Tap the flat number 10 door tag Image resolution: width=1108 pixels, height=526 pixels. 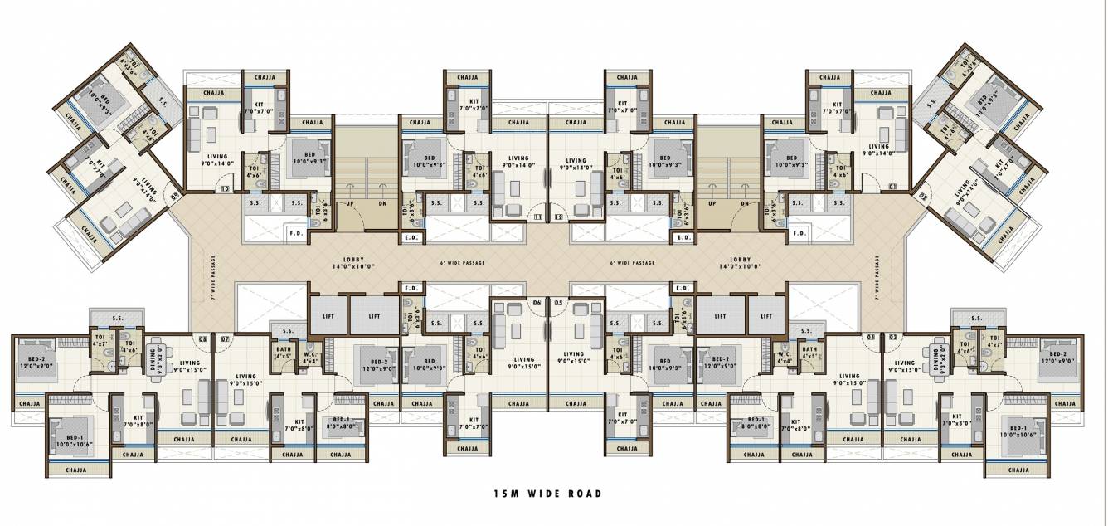coord(226,188)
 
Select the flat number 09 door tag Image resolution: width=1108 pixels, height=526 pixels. coord(174,197)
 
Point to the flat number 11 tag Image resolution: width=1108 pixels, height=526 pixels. coord(537,217)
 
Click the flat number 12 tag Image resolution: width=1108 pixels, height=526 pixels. coord(558,217)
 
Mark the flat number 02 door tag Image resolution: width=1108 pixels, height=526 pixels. coord(923,197)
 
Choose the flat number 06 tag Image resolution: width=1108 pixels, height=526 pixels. coord(537,303)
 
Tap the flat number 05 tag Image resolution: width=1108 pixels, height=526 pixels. coord(558,303)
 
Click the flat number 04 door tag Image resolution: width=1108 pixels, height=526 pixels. coord(870,337)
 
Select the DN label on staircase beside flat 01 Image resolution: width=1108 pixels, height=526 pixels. coord(744,203)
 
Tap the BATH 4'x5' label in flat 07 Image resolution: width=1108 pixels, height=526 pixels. coord(283,354)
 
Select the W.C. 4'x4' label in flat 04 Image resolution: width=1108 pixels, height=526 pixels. coord(784,358)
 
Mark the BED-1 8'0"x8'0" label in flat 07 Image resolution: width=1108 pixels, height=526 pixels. coord(340,423)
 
